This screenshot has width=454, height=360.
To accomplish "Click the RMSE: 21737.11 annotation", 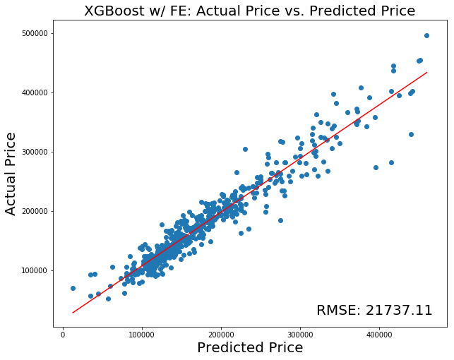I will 374,311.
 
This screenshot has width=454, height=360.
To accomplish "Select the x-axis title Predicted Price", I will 249,347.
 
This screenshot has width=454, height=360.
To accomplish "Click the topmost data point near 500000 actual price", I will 426,35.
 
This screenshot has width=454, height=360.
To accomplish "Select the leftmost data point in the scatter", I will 73,288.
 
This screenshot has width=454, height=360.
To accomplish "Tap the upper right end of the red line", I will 426,72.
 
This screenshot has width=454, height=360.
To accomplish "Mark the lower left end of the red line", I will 73,313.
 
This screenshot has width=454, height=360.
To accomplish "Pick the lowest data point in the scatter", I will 108,299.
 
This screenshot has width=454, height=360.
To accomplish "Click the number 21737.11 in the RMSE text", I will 400,311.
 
